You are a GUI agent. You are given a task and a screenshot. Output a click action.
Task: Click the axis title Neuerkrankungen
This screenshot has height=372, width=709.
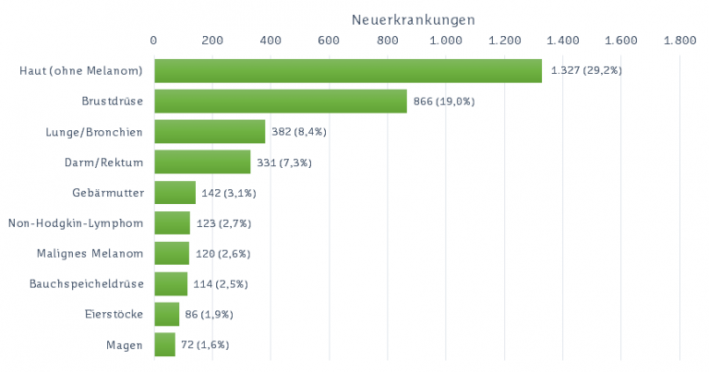pos(414,18)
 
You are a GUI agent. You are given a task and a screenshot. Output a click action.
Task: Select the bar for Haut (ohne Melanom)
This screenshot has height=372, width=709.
pos(347,71)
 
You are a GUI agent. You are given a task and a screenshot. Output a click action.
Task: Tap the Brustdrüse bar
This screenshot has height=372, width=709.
pos(280,102)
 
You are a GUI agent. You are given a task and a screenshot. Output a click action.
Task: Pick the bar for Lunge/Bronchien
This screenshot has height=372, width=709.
pos(210,132)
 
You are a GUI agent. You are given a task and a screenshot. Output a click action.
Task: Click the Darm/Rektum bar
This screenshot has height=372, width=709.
pos(202,162)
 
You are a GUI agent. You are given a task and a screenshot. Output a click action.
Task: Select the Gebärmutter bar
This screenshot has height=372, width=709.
pos(174,193)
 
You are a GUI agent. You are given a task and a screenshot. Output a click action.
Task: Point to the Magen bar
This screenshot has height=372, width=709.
pos(164,345)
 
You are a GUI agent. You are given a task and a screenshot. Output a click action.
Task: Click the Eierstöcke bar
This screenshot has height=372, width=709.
pos(166,315)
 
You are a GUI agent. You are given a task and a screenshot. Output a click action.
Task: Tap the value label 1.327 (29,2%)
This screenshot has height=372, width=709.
pos(585,71)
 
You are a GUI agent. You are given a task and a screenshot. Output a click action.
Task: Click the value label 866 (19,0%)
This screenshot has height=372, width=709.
pos(444,102)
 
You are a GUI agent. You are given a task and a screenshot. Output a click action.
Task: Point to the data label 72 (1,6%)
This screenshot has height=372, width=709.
pos(205,345)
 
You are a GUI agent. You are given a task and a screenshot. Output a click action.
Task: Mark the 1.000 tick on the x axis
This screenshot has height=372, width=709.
pos(446,41)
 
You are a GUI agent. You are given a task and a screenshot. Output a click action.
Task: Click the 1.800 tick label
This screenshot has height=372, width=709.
pos(679,41)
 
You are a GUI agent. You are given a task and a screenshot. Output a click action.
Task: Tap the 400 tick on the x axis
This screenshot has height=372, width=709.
pos(270,41)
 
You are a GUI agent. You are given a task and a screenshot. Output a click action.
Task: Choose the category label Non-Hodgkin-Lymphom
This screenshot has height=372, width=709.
pos(76,223)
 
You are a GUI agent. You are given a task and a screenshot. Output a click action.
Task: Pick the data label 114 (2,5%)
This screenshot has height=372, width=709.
pos(221,284)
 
